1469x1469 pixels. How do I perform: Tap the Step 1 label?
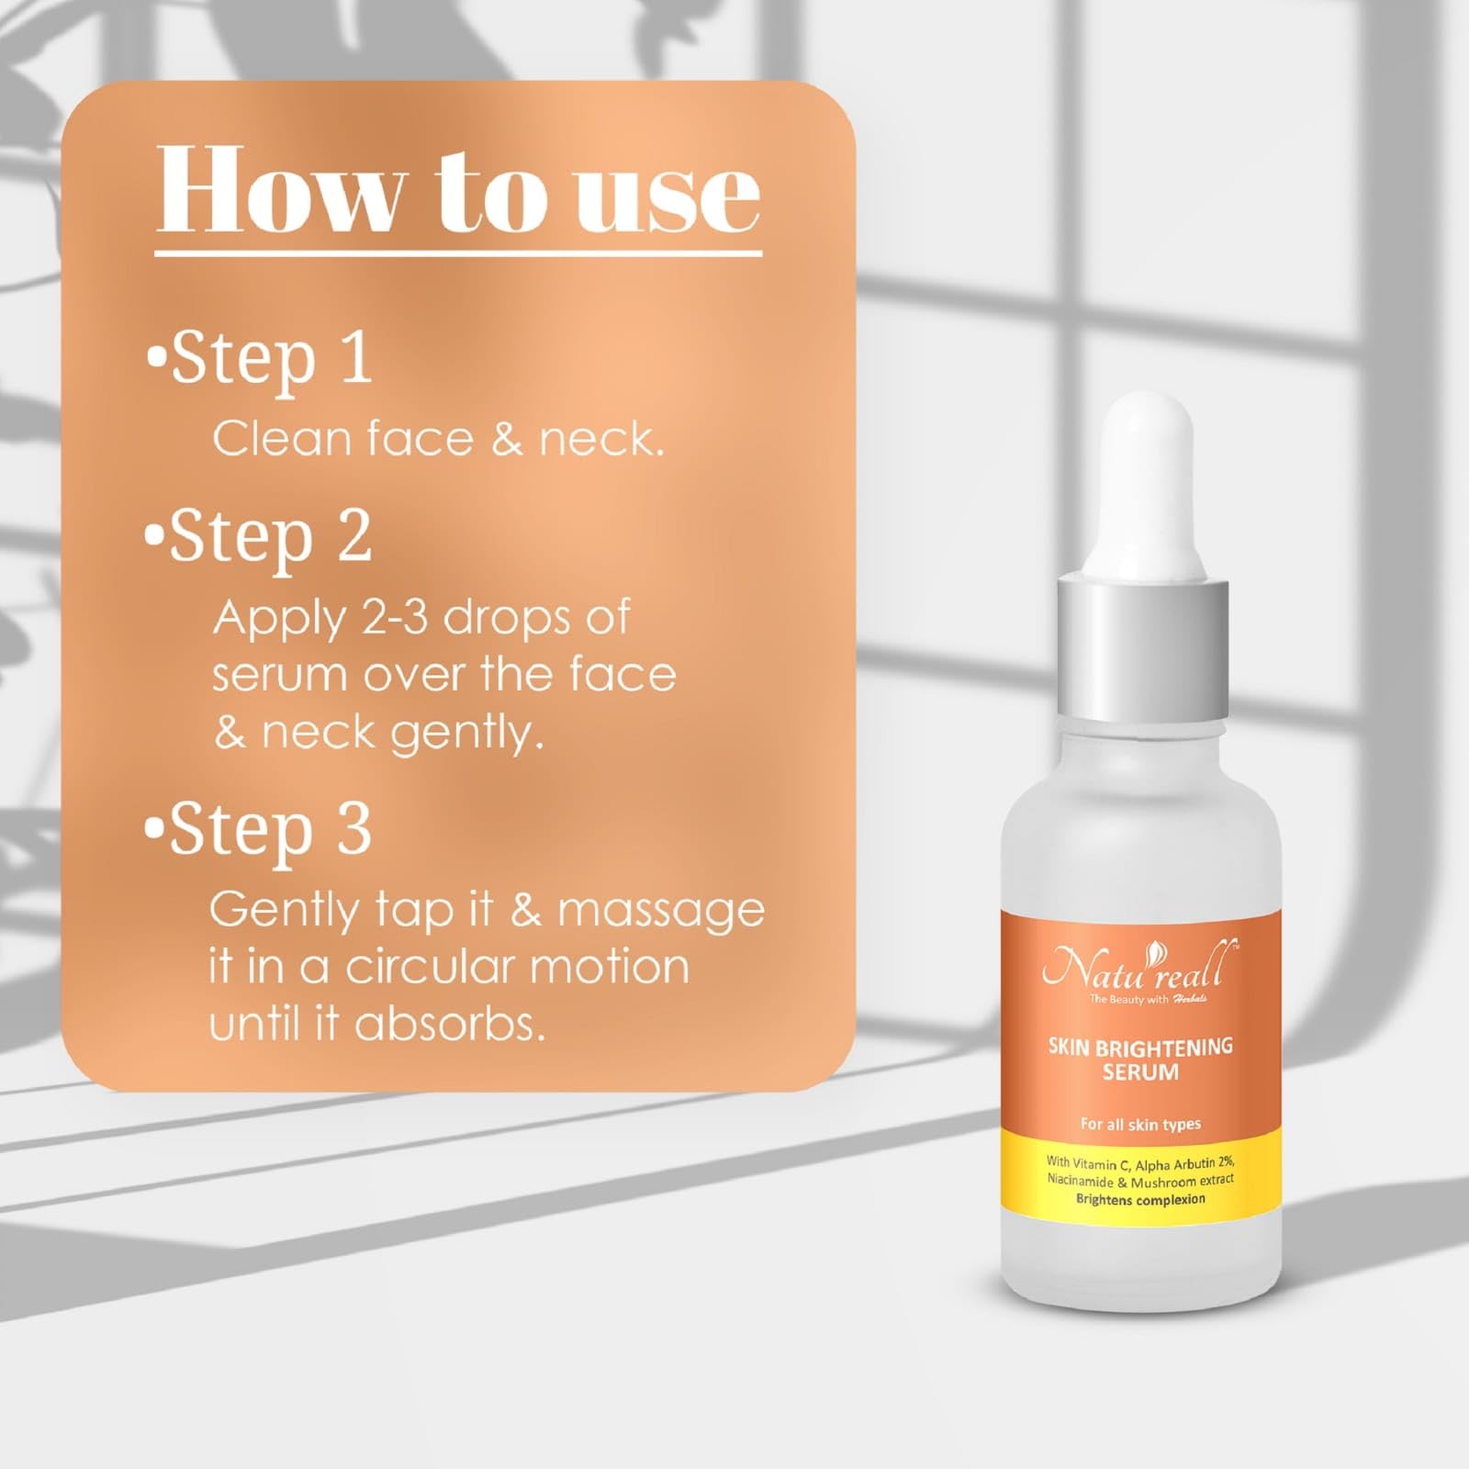(260, 359)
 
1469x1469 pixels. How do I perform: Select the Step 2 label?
(260, 538)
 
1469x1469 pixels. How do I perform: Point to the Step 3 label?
(260, 830)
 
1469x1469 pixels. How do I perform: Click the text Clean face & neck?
(438, 439)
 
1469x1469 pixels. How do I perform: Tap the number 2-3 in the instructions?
(396, 617)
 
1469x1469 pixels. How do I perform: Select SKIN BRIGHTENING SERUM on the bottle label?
(1140, 1059)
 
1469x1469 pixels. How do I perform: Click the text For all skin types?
(1140, 1124)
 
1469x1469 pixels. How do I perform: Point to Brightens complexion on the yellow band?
(1140, 1199)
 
